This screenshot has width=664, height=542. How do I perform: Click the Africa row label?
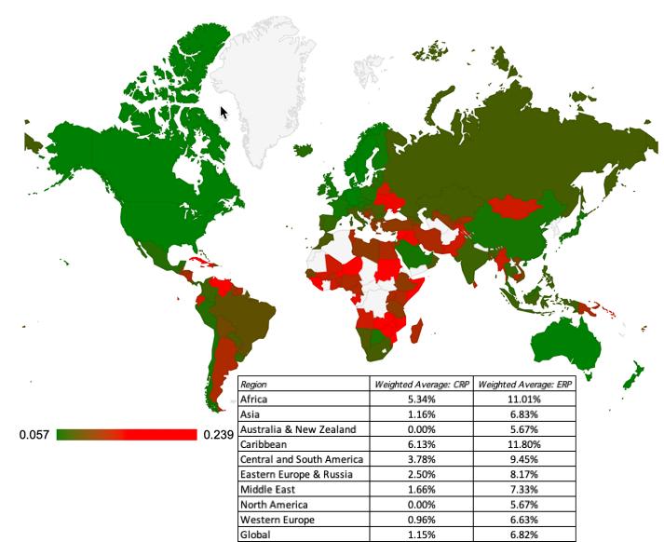tap(253, 399)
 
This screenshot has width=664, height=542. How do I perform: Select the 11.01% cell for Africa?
tap(524, 399)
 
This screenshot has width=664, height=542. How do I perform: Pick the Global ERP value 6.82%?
tap(524, 534)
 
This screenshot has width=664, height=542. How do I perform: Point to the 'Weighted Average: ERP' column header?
tap(524, 384)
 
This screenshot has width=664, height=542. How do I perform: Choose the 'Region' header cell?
tap(253, 384)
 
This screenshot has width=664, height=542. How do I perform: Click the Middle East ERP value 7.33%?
tap(524, 489)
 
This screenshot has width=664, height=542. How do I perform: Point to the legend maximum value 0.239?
tap(217, 435)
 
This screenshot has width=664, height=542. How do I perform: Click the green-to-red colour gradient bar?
tap(127, 435)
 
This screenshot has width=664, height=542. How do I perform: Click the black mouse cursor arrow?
tap(224, 113)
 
